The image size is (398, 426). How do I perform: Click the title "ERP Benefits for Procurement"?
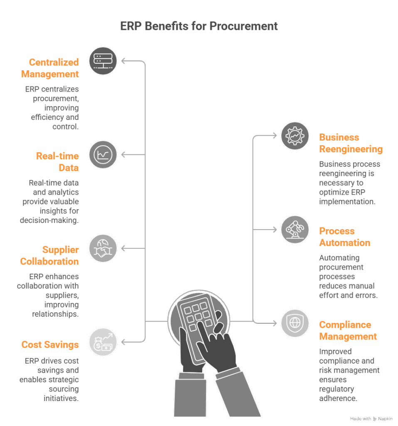199,26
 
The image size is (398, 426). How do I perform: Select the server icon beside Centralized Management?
103,61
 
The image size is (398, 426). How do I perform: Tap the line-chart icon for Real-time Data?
103,155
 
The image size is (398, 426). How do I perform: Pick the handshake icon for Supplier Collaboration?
103,248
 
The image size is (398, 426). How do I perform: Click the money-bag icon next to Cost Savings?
103,342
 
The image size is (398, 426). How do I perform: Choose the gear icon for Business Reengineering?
295,136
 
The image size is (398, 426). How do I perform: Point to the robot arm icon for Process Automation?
295,230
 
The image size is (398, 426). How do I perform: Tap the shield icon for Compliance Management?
295,323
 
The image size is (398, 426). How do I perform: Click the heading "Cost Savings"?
50,344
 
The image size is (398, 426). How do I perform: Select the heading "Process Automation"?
345,237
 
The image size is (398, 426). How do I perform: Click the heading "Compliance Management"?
348,330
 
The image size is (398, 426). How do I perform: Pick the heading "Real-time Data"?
57,162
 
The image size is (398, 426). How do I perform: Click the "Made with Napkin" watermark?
371,419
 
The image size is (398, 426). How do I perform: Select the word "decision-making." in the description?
49,220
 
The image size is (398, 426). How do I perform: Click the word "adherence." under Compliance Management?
338,398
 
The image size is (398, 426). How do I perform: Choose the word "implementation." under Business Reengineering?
347,202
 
